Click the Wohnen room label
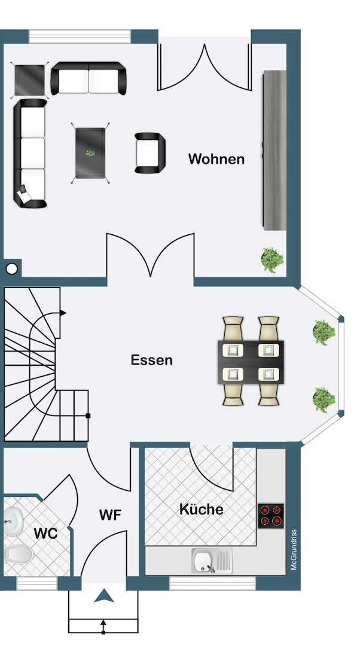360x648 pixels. [x=216, y=159]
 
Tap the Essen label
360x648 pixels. [x=152, y=360]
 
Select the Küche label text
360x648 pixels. [x=202, y=509]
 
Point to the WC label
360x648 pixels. [x=45, y=533]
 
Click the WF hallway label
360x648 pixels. [x=111, y=515]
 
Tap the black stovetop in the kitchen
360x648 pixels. [x=271, y=515]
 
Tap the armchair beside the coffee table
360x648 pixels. [x=150, y=153]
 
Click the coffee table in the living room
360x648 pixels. [x=91, y=152]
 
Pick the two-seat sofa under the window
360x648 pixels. [x=89, y=78]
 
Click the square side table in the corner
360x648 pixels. [x=30, y=80]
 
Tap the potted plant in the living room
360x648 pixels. [x=272, y=259]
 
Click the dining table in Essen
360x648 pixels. [x=251, y=362]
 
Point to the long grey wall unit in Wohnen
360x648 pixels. [x=274, y=148]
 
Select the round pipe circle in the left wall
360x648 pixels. [x=11, y=268]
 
